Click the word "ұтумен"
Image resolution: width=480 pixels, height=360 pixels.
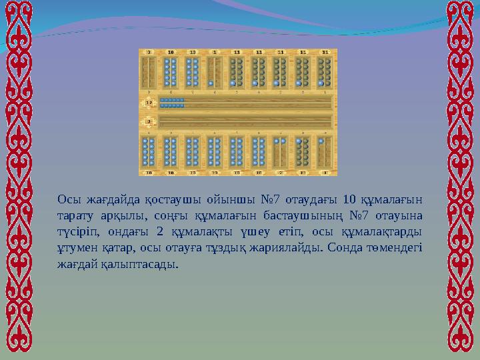79,247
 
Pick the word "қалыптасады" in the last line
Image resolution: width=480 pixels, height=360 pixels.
141,264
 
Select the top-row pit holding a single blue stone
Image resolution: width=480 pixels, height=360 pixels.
214,72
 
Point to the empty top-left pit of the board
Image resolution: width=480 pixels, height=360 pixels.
149,72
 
